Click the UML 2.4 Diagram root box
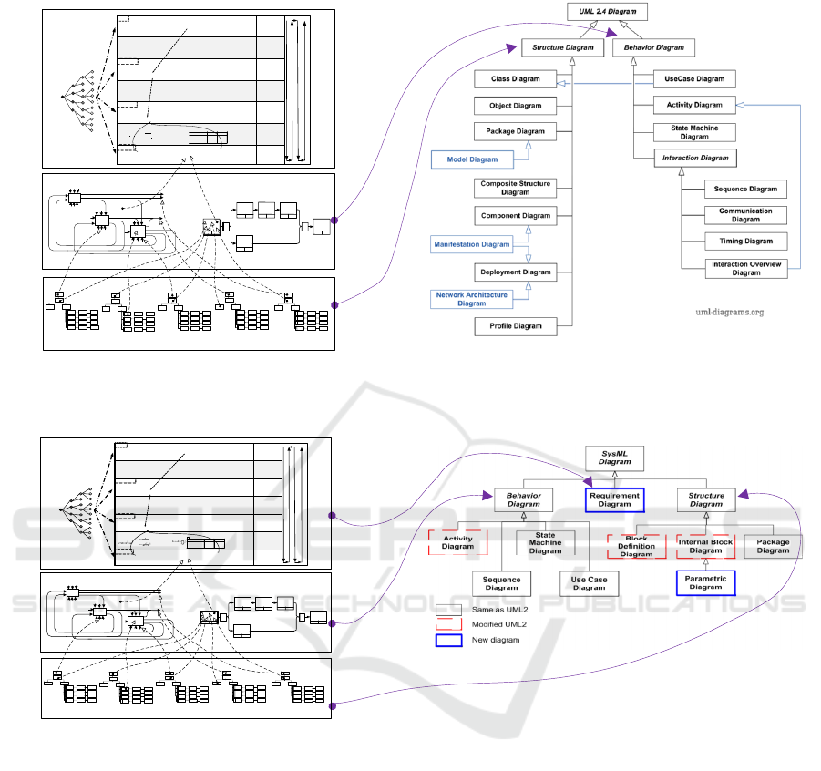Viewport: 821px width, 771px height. point(609,12)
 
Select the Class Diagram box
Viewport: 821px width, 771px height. point(515,79)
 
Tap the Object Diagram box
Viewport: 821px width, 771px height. point(515,106)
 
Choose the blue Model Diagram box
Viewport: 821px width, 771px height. point(472,159)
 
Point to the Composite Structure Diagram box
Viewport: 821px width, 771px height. point(515,188)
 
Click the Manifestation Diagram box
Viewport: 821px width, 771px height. point(472,244)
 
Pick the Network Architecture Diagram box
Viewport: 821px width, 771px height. point(472,298)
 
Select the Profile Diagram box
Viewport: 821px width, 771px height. point(515,326)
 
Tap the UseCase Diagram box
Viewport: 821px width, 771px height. point(694,79)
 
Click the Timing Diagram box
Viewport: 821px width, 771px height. point(745,242)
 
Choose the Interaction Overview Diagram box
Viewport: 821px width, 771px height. point(745,269)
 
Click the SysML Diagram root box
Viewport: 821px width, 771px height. point(615,457)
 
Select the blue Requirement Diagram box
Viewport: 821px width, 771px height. point(615,499)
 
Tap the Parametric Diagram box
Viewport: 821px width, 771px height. point(705,581)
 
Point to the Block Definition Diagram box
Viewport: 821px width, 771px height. point(637,546)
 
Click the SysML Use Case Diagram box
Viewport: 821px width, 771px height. point(589,583)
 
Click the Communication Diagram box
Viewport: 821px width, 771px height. point(745,215)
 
